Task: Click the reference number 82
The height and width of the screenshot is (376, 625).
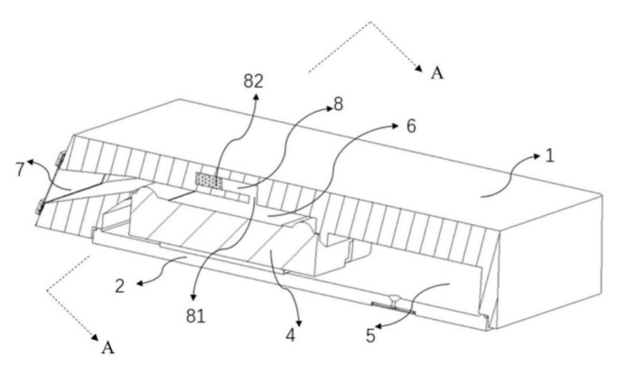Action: pos(254,81)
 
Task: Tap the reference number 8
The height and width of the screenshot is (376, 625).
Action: pos(338,105)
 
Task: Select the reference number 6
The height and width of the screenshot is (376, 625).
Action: pos(411,127)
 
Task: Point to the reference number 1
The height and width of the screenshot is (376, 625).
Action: pos(550,155)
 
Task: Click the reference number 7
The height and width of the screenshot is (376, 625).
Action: pos(20,170)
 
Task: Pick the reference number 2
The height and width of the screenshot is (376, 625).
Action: pos(119,287)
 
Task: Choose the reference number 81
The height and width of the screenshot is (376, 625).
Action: pos(195,316)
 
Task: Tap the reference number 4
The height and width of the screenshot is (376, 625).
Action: pos(291,335)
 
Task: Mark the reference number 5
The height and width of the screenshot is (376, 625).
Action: pos(370,336)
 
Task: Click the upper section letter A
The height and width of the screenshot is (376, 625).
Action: pos(437,73)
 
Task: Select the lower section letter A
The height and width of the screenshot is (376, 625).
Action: pos(107,348)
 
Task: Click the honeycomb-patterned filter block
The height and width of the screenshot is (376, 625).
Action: pos(209,180)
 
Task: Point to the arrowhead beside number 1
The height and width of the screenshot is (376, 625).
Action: pos(539,156)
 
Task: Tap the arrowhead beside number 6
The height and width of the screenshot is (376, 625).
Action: pos(395,126)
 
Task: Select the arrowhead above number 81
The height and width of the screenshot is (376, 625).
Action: pos(193,297)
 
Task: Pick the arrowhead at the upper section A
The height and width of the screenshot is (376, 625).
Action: pos(419,68)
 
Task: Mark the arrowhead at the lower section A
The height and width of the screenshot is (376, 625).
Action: pos(95,338)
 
